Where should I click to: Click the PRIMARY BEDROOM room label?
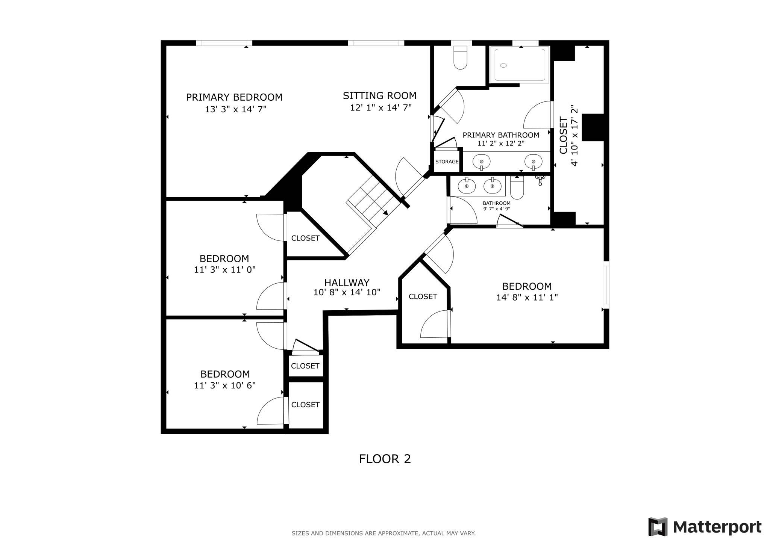[x=234, y=97]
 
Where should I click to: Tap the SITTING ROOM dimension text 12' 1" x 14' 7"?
[x=380, y=108]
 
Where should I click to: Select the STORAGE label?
[x=447, y=162]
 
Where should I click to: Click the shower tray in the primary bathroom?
[x=520, y=65]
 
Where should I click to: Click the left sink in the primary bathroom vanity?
[x=481, y=162]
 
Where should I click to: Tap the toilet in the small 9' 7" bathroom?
[x=517, y=188]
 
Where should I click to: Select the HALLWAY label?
[x=347, y=283]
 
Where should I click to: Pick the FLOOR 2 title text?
[x=385, y=459]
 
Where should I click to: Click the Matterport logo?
[x=705, y=527]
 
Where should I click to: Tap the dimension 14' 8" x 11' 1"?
[x=526, y=298]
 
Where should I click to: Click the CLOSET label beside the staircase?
[x=305, y=238]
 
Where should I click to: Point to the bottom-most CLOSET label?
[x=305, y=405]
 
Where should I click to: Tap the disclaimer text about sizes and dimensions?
[x=383, y=533]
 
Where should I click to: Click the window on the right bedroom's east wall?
[x=606, y=285]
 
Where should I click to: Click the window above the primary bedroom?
[x=224, y=43]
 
